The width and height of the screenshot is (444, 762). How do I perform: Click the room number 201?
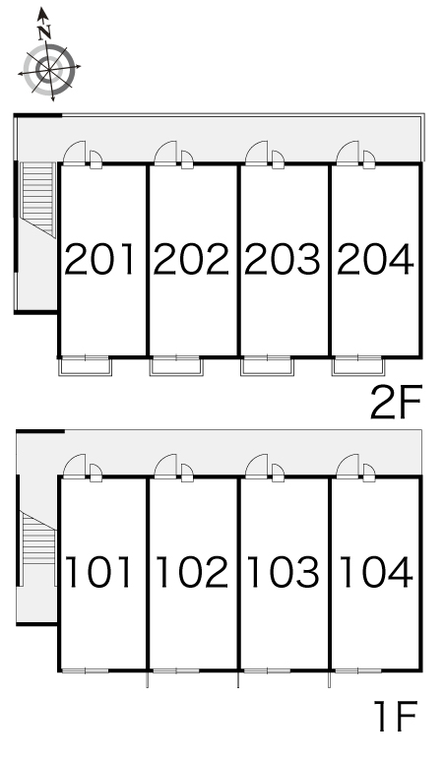99,260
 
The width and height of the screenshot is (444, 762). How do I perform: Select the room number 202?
190,260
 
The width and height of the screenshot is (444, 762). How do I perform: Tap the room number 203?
283,260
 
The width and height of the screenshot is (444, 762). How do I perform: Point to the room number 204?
375,260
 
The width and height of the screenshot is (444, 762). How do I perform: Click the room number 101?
99,572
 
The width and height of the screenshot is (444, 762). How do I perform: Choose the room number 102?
192,572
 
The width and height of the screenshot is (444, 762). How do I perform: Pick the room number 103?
284,572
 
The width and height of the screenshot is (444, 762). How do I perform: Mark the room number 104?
376,572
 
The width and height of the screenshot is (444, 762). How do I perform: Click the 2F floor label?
395,402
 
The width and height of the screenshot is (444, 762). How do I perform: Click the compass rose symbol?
49,70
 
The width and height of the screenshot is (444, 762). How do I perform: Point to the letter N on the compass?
44,32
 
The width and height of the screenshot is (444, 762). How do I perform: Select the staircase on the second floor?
37,199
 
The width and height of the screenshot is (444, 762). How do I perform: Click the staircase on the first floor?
38,539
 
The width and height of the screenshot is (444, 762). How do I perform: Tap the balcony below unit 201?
86,366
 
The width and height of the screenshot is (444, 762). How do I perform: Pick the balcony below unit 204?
358,366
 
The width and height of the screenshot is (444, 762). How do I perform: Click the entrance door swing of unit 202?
165,153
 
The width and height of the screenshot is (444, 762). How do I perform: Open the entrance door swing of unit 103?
257,466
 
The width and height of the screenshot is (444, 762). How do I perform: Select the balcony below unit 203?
267,366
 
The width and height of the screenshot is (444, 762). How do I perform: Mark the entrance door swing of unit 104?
348,466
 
